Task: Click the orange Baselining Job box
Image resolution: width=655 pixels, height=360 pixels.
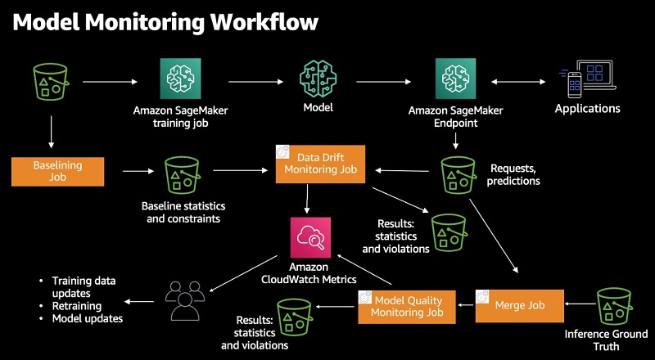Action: [58, 172]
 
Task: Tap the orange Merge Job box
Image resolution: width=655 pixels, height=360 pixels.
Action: [519, 304]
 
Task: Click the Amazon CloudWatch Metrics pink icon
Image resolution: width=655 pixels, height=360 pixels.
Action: [309, 237]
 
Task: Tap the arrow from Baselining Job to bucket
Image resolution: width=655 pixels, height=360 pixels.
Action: [137, 172]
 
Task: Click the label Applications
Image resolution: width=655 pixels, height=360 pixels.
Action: [587, 109]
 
